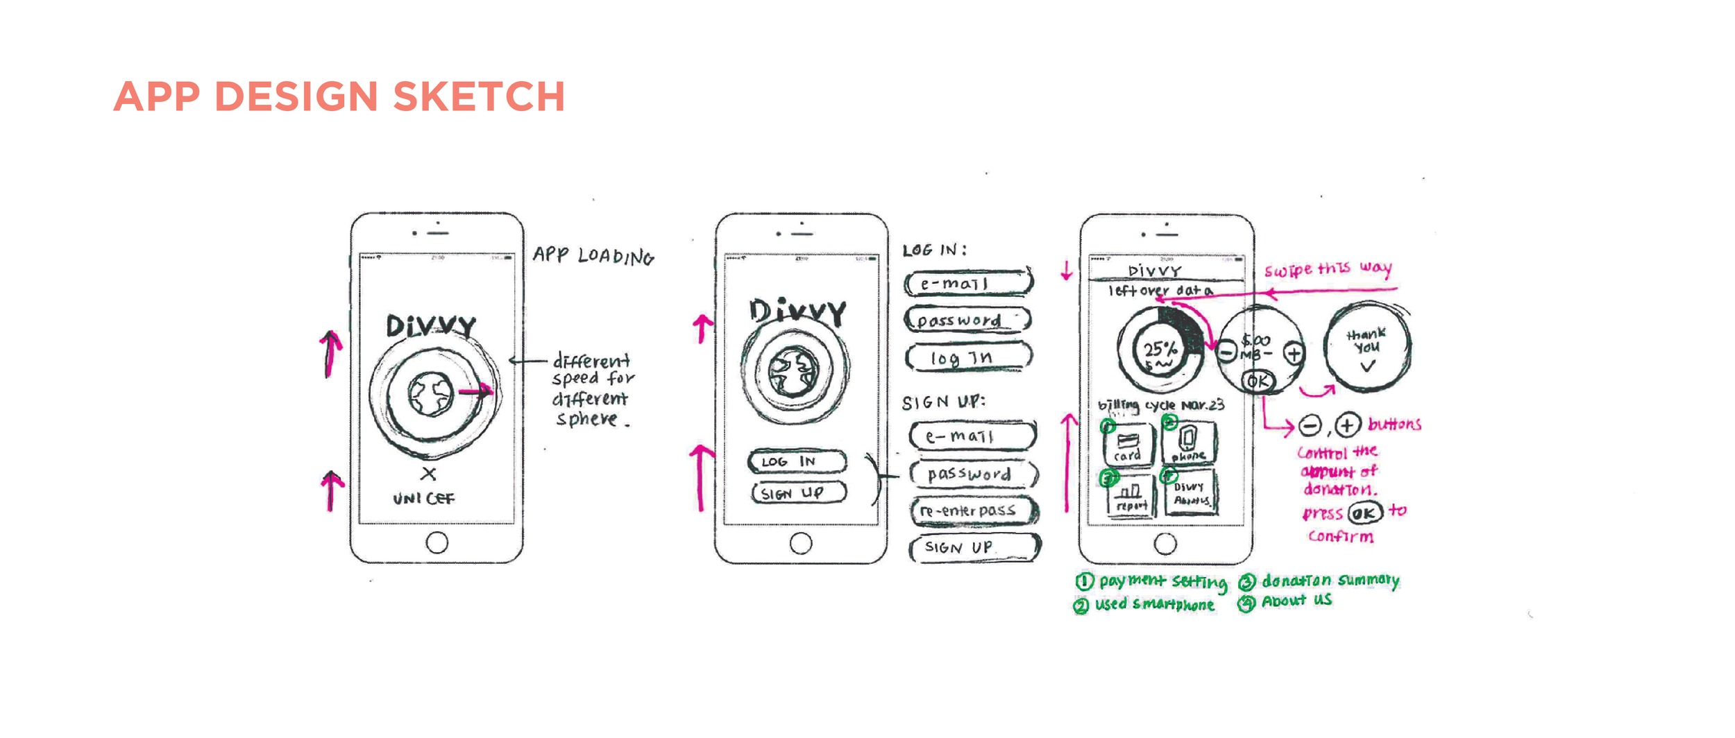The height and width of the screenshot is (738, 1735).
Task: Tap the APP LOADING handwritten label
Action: [593, 256]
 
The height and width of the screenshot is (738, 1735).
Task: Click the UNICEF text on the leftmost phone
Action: [423, 499]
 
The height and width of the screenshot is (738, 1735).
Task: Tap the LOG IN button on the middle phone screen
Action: [797, 462]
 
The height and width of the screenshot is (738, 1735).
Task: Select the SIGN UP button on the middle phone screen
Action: [798, 493]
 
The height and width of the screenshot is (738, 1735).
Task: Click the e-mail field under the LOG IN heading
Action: [967, 284]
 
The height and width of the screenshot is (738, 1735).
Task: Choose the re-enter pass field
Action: [973, 511]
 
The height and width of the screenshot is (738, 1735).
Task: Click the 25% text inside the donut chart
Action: [1160, 349]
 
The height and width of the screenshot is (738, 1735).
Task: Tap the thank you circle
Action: [1366, 346]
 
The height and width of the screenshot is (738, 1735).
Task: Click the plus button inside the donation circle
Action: [1294, 353]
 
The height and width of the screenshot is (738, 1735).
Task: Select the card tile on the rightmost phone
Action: [1128, 445]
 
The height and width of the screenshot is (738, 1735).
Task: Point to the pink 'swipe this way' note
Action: [1327, 269]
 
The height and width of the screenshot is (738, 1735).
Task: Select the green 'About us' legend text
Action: [1296, 601]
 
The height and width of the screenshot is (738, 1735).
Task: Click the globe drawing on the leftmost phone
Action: [431, 395]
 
